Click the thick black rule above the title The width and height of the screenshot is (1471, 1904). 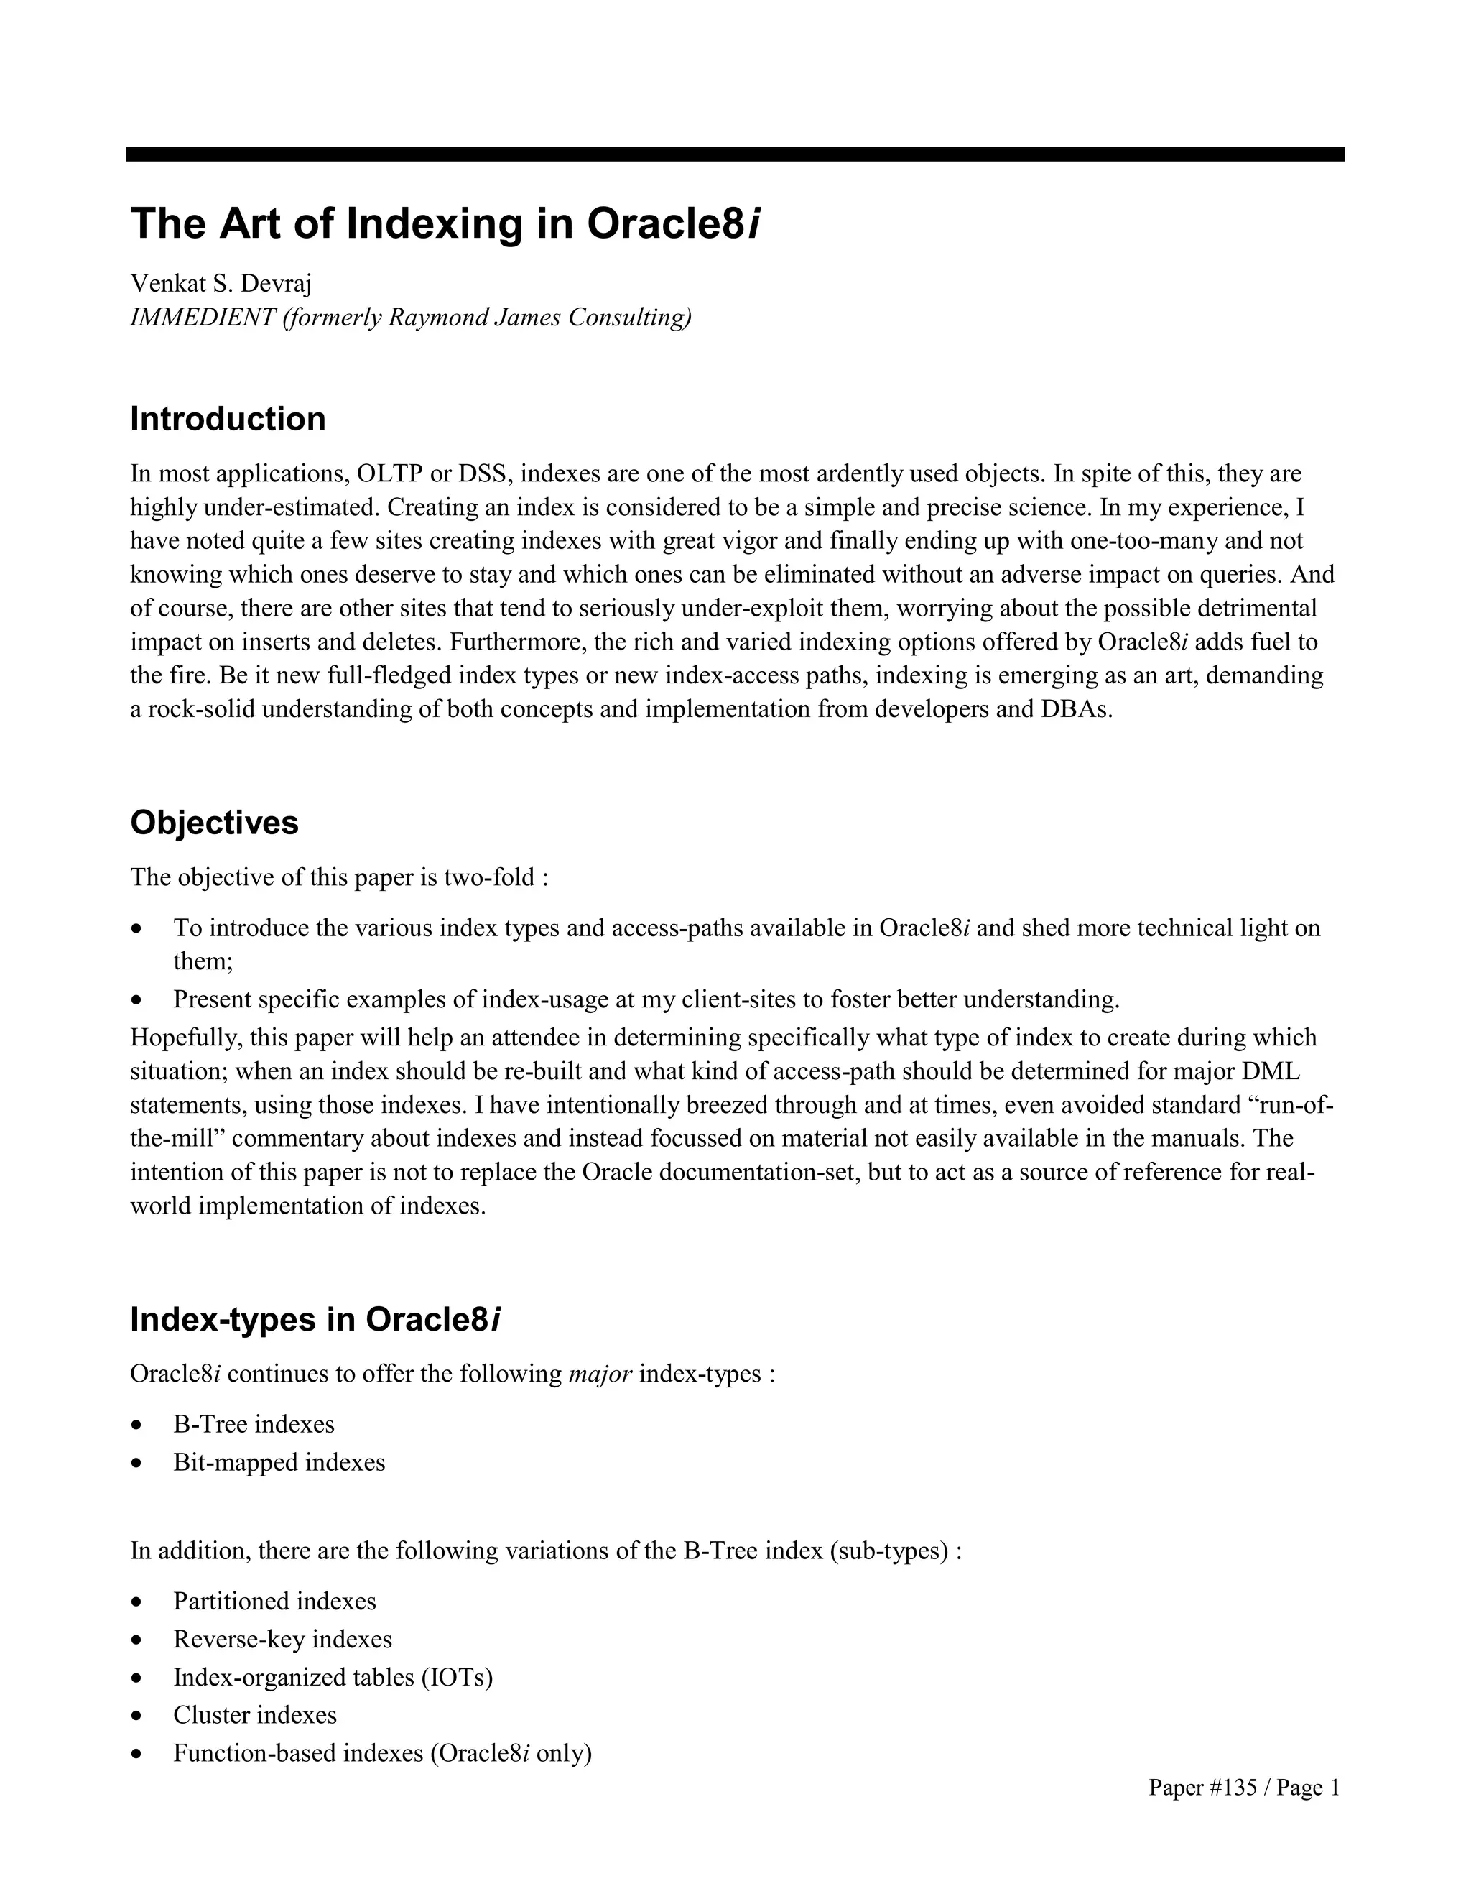coord(735,154)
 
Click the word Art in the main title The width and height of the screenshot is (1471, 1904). coord(250,223)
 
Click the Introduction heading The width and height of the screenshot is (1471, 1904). coord(228,420)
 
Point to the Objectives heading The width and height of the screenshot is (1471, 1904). coord(214,823)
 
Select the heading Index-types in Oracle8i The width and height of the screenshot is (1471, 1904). coord(315,1320)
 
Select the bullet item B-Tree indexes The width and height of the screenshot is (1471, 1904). coord(254,1425)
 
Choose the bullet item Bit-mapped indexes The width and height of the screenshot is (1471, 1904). coord(279,1462)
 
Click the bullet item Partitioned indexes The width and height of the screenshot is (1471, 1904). coord(274,1602)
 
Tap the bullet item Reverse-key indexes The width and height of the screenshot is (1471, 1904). coord(282,1640)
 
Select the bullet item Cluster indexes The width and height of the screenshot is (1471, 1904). coord(254,1715)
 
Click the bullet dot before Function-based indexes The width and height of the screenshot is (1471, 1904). coord(136,1754)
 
